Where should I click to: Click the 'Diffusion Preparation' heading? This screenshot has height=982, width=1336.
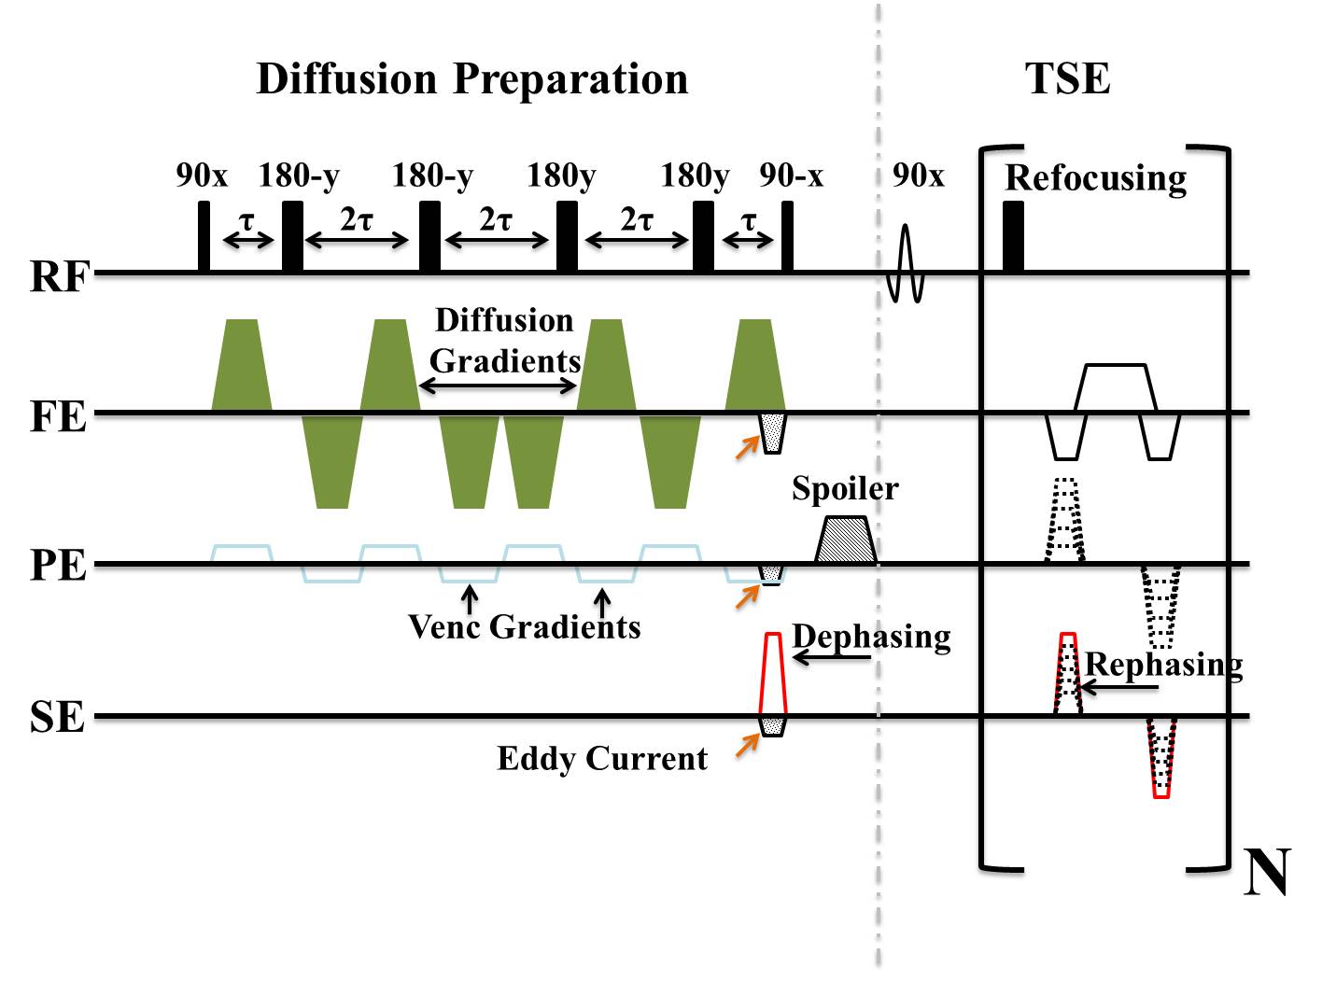point(471,79)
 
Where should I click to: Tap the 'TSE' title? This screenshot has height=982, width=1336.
point(1067,79)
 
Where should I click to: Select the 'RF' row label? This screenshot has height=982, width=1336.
point(59,277)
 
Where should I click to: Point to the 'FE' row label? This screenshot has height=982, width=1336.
point(58,416)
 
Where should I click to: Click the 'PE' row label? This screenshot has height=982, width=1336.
point(58,567)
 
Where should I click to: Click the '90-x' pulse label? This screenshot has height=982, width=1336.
point(791,175)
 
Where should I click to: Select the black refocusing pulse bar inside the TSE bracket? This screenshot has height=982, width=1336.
point(1013,238)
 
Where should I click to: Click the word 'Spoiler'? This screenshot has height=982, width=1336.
point(845,488)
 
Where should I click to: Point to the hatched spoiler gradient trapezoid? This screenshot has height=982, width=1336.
point(846,540)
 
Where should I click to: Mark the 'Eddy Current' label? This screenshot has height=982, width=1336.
point(602,758)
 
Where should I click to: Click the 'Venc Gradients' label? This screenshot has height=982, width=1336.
point(525,626)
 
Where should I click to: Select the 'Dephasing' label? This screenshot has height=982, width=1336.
point(871,637)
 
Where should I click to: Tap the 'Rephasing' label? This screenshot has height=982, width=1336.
point(1163,665)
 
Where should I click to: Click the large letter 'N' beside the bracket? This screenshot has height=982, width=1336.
point(1267,873)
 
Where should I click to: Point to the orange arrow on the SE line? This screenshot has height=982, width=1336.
point(747,745)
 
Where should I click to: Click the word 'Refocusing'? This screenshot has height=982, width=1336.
point(1095,177)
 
